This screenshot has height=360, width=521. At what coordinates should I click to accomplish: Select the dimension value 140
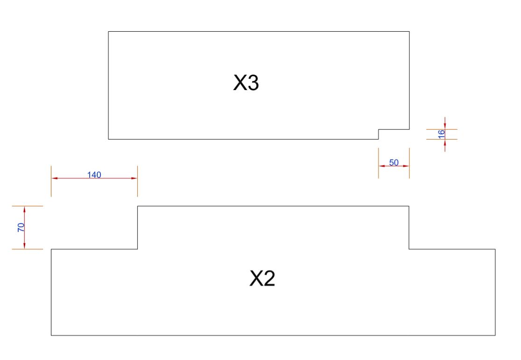click(x=94, y=175)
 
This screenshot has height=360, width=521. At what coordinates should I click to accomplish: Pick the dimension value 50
click(x=394, y=162)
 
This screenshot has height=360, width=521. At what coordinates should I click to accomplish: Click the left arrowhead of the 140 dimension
click(x=54, y=178)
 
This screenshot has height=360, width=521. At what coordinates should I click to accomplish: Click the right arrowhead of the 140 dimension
click(x=134, y=178)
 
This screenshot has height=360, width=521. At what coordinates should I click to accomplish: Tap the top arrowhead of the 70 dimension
click(x=25, y=209)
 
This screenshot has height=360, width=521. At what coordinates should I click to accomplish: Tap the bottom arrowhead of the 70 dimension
click(x=25, y=246)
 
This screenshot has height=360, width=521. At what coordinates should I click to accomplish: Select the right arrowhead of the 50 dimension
click(x=407, y=165)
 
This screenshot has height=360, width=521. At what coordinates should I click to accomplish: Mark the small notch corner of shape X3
click(x=378, y=129)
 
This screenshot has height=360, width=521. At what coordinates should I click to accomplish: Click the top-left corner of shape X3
click(x=108, y=32)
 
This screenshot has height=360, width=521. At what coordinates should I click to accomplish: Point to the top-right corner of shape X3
click(x=409, y=32)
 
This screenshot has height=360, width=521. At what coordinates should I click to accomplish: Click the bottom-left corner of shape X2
click(x=51, y=335)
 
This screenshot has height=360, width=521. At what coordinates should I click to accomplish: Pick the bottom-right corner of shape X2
click(x=495, y=335)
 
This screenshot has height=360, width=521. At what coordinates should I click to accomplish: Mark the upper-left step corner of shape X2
click(x=137, y=206)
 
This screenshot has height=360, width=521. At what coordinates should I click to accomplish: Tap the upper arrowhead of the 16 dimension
click(x=445, y=126)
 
